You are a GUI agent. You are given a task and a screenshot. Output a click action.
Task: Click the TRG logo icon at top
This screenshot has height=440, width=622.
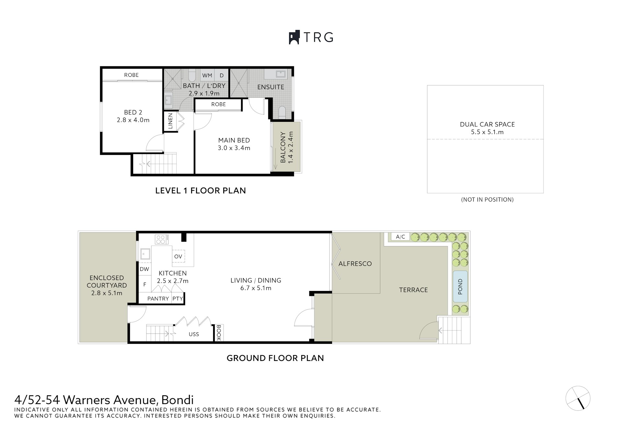click(x=294, y=38)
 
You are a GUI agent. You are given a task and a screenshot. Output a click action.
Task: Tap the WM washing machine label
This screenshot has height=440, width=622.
click(x=207, y=75)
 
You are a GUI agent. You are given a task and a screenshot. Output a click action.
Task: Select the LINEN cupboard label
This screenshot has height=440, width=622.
click(x=170, y=121)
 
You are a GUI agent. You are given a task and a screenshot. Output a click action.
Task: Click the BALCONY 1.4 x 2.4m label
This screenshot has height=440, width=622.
click(x=287, y=147)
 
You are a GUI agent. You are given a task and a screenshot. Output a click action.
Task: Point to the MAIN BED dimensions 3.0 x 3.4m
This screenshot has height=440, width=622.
click(x=234, y=148)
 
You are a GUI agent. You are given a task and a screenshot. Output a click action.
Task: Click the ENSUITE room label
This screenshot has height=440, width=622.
click(x=271, y=87)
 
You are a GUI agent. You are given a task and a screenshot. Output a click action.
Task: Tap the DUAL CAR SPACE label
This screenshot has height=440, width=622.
click(x=487, y=124)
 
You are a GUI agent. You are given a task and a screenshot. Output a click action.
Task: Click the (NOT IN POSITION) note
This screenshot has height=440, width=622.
click(x=487, y=200)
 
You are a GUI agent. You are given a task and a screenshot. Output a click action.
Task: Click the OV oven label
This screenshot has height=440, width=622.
click(x=178, y=256)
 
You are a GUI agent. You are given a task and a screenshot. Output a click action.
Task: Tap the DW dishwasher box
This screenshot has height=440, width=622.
click(x=144, y=269)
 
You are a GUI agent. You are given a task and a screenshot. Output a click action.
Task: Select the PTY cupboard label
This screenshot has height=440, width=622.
click(x=178, y=299)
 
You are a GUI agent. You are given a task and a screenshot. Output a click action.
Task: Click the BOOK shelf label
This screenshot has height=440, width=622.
click(x=218, y=333)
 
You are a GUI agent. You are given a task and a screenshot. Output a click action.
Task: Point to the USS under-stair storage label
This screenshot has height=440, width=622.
click(x=194, y=334)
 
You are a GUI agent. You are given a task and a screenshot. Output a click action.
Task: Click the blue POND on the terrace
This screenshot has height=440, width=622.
click(x=460, y=286)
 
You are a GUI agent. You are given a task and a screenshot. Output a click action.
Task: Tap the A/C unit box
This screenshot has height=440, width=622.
click(x=400, y=237)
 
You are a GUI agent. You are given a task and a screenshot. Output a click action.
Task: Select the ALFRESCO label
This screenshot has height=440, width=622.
click(x=355, y=264)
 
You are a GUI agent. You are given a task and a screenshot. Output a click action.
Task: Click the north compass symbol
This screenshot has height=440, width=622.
click(x=578, y=398)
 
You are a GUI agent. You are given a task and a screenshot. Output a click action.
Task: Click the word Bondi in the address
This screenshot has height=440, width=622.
click(x=178, y=399)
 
